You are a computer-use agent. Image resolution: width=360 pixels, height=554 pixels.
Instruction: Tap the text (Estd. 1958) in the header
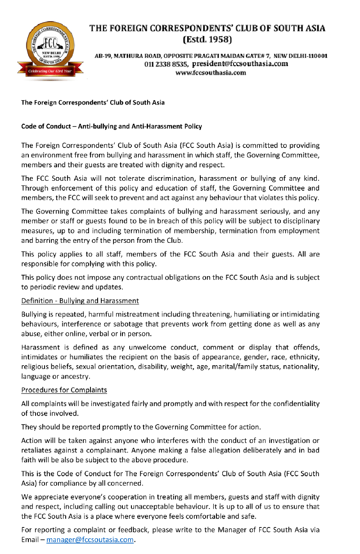pos(207,40)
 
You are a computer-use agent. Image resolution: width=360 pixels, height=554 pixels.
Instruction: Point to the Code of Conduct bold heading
pos(112,126)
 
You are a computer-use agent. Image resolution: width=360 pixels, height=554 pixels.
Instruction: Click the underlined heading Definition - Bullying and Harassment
pos(80,300)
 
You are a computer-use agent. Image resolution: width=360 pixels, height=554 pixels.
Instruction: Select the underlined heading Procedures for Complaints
pos(64,389)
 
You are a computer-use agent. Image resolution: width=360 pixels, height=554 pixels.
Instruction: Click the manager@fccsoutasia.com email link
pos(90,540)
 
